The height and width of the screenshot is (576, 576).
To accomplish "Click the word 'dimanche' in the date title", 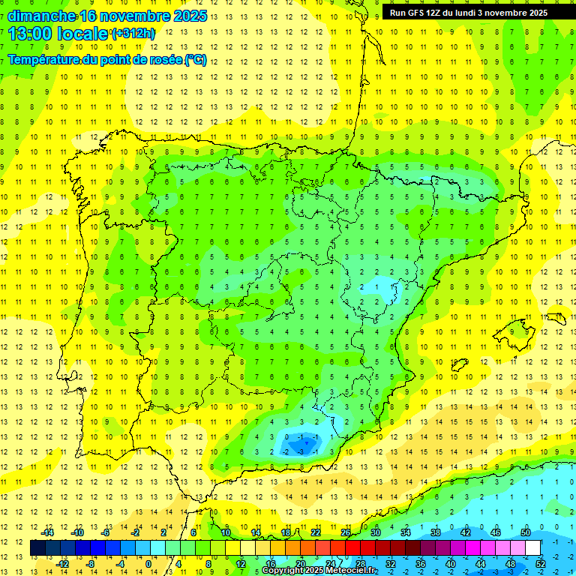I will [41, 16].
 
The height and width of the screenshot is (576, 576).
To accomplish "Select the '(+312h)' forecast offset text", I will [133, 34].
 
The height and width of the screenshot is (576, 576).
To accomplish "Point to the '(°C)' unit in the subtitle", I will [195, 59].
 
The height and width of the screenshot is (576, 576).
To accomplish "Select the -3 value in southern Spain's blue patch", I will [301, 452].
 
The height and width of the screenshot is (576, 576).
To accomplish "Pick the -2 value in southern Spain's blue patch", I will [286, 452].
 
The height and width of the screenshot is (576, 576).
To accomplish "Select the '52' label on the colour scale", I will [541, 563].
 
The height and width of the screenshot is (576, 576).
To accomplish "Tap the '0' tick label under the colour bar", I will [148, 563].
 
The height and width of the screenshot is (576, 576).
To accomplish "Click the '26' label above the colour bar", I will [345, 532].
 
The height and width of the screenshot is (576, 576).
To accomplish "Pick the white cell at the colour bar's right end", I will [532, 547].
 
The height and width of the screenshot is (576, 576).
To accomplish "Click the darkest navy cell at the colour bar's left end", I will [38, 547].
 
